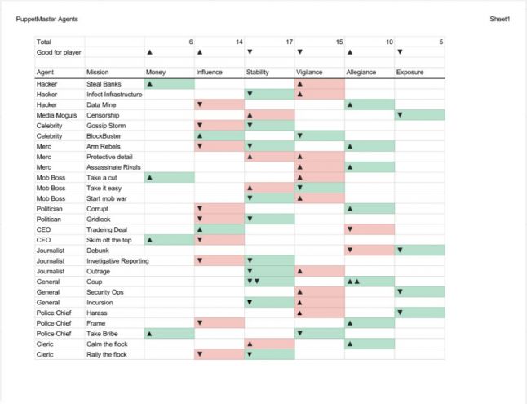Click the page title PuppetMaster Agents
(47, 19)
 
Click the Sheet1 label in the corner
(499, 19)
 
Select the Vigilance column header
(310, 73)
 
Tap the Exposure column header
(410, 73)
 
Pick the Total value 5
(441, 42)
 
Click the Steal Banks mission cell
(103, 84)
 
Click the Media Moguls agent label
(56, 115)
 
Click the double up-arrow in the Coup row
(353, 282)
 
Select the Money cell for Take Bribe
(170, 333)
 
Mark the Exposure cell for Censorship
(419, 115)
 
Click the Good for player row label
(59, 52)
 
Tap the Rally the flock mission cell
(106, 354)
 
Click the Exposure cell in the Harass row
(419, 313)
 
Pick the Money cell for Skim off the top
(170, 240)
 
